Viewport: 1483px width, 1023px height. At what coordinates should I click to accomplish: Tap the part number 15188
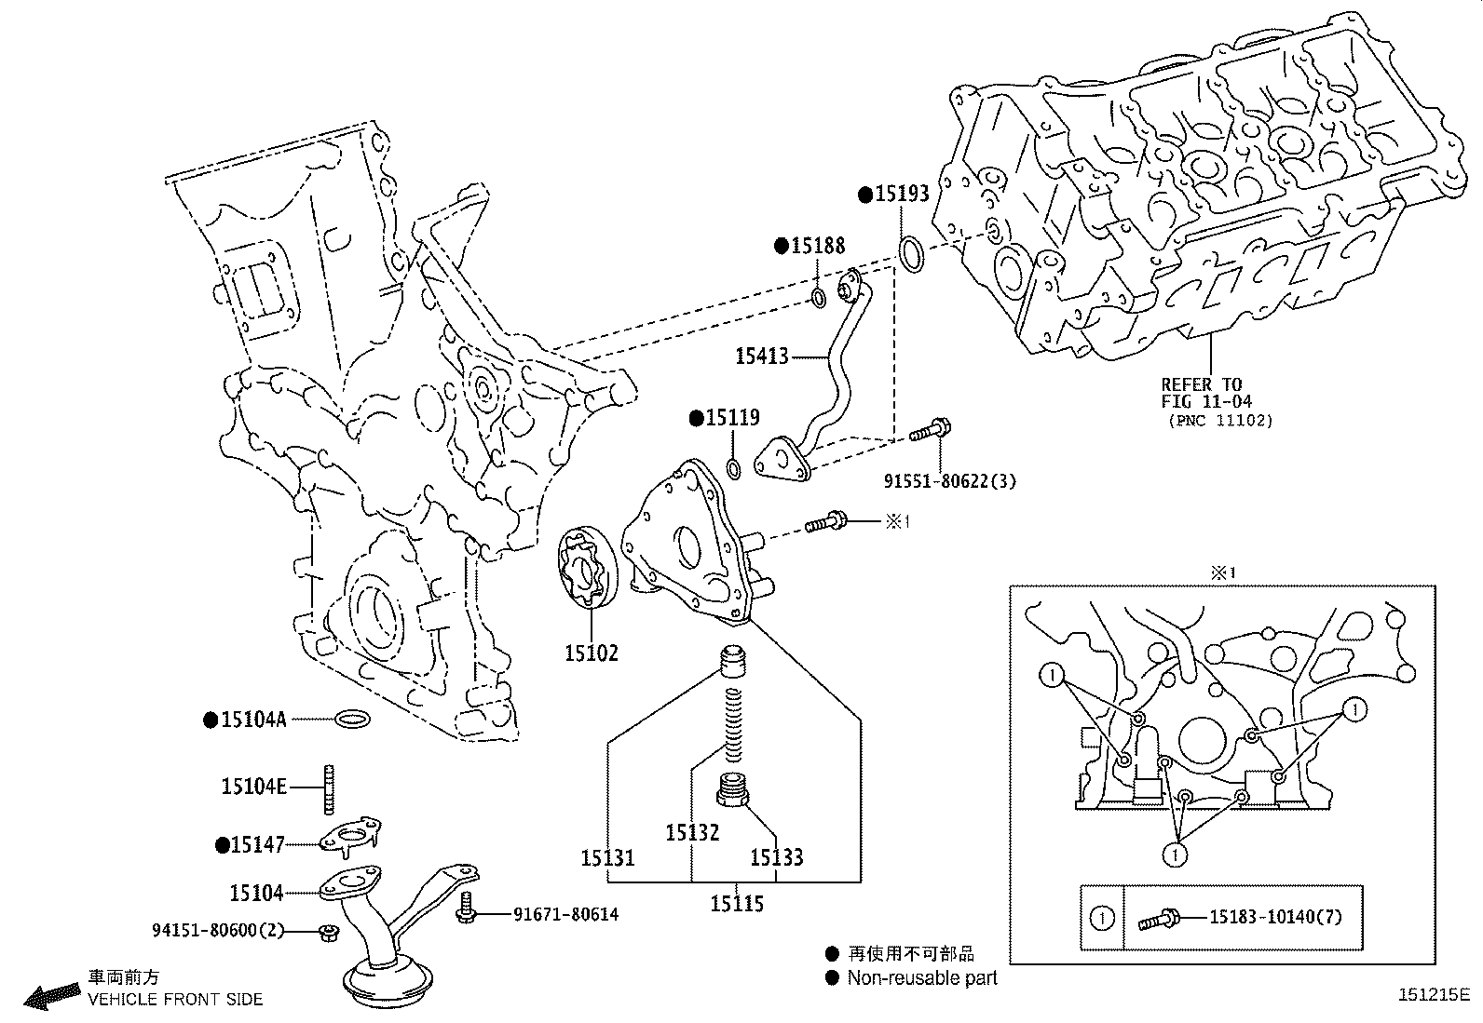coord(818,246)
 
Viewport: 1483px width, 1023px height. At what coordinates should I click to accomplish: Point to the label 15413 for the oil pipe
coord(761,356)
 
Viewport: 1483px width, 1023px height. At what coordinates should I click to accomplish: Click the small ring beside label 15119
coord(733,467)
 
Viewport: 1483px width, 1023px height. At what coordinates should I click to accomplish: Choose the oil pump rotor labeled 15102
coord(584,570)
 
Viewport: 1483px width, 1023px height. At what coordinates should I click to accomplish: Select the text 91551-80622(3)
coord(949,481)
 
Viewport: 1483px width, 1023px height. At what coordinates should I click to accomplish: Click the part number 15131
coord(607,857)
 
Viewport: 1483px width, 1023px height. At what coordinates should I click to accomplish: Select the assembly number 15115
coord(737,903)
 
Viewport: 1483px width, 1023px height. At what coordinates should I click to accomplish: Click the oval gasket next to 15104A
coord(352,719)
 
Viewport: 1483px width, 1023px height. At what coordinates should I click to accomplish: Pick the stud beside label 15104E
coord(329,787)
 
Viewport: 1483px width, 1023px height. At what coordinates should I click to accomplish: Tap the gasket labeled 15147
coord(351,836)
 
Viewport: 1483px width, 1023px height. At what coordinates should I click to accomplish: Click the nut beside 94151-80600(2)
coord(327,932)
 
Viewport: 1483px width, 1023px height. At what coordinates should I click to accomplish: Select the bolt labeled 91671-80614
coord(467,908)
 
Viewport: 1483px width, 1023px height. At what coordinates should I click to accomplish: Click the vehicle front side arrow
coord(51,996)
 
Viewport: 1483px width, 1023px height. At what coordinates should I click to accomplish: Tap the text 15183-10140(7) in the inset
coord(1276,917)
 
